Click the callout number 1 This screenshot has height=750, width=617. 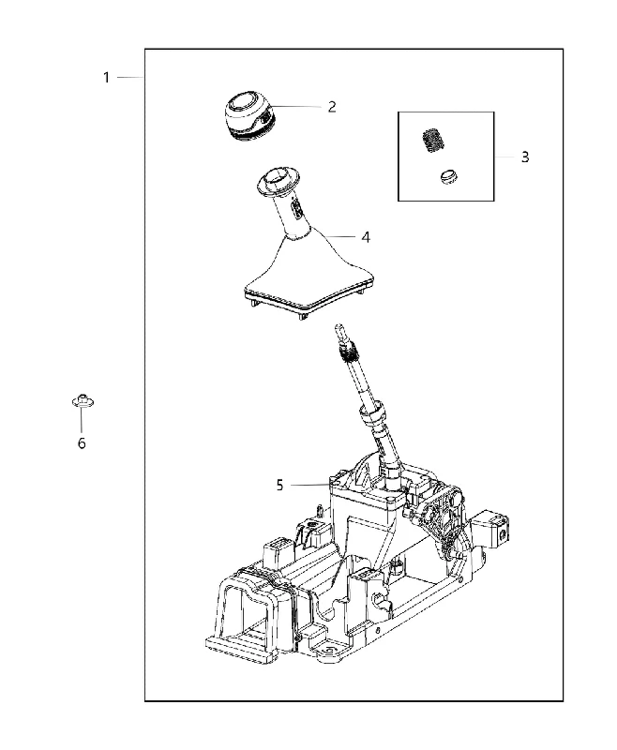pyautogui.click(x=106, y=78)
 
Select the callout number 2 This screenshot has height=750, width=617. pyautogui.click(x=332, y=107)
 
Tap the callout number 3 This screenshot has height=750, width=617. pyautogui.click(x=525, y=157)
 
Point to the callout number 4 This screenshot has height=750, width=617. pyautogui.click(x=366, y=237)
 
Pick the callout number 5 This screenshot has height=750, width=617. pyautogui.click(x=279, y=485)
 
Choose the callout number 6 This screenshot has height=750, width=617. pyautogui.click(x=82, y=443)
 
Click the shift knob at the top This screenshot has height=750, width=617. pyautogui.click(x=249, y=116)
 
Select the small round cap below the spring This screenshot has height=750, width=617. pyautogui.click(x=449, y=176)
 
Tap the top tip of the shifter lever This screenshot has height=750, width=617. pyautogui.click(x=338, y=326)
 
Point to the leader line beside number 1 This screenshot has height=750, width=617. pyautogui.click(x=129, y=77)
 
